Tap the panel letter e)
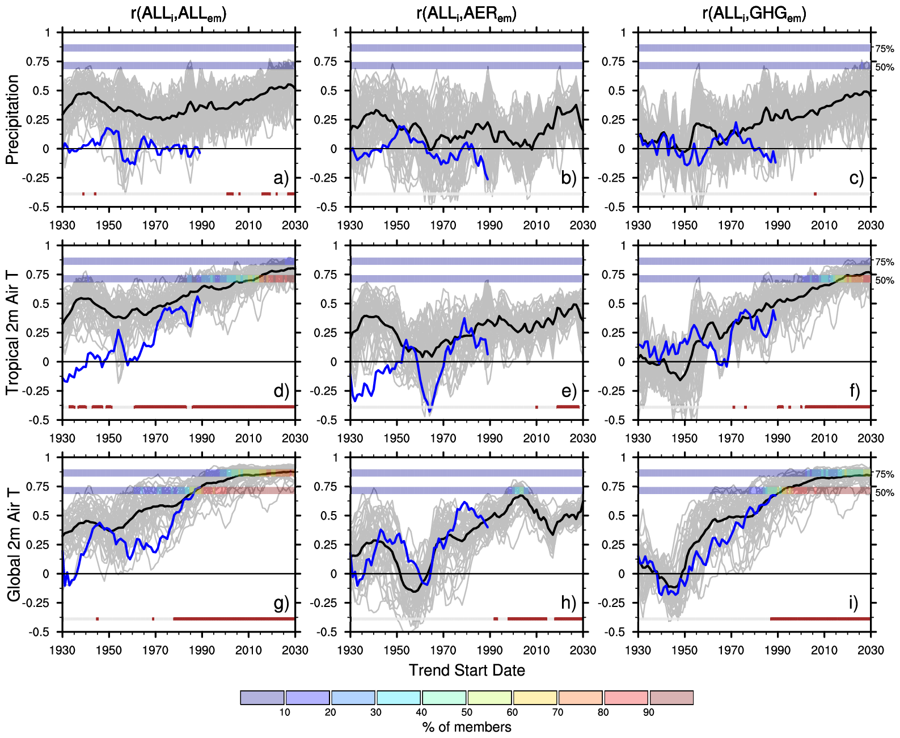click(569, 391)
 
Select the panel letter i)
click(853, 602)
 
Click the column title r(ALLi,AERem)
click(466, 14)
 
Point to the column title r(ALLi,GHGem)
click(754, 14)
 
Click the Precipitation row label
click(12, 120)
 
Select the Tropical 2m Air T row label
click(12, 332)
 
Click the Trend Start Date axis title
click(467, 670)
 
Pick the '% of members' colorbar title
click(467, 727)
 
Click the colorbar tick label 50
click(467, 712)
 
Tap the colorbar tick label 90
click(649, 712)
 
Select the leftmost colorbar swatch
click(262, 698)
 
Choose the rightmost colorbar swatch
click(671, 698)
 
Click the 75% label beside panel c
click(885, 49)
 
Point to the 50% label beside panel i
click(885, 493)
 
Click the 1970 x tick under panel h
click(443, 650)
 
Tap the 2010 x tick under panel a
click(248, 225)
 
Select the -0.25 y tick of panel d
click(39, 391)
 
